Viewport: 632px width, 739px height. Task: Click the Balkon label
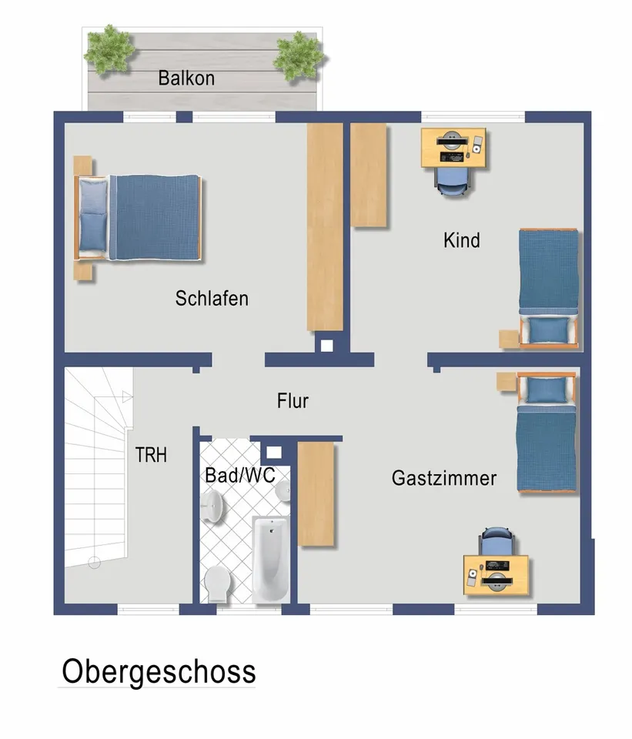point(186,78)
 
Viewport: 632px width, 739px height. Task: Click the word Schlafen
point(212,299)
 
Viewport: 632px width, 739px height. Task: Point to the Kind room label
point(461,240)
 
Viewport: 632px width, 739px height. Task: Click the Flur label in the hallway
point(293,401)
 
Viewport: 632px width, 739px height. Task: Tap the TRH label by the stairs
point(151,455)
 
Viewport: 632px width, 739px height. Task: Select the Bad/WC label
point(239,475)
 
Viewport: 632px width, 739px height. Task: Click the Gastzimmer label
point(444,478)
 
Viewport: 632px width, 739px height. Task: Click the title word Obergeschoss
point(159,671)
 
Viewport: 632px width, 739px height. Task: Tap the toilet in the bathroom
point(217,584)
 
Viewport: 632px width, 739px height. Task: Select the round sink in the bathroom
point(213,507)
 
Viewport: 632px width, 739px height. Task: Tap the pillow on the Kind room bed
point(549,330)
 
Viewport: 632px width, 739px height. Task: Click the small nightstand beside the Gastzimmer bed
point(505,381)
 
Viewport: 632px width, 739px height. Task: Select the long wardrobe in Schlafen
point(324,227)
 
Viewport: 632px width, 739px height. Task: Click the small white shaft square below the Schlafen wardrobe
point(326,346)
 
